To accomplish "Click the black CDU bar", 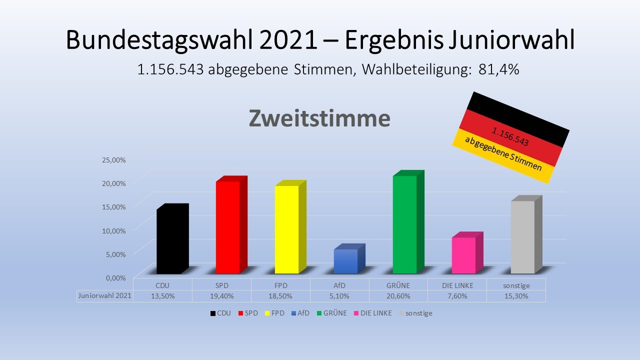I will [x=168, y=241].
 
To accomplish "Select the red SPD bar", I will [x=227, y=227].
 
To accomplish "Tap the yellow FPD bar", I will [x=286, y=229].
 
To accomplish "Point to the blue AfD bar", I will [x=345, y=261].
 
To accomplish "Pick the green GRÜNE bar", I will [x=404, y=224].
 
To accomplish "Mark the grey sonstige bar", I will [x=522, y=237].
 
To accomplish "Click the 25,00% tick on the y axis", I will [x=114, y=159].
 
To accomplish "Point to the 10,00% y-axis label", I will [x=114, y=230].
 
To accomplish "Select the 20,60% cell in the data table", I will [x=398, y=296].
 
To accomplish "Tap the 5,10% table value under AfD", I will [x=339, y=296].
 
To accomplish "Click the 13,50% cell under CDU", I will [x=162, y=296].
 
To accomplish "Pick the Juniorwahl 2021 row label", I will [x=104, y=296].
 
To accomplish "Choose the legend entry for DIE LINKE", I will [x=372, y=313].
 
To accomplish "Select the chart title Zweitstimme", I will [x=319, y=119].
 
